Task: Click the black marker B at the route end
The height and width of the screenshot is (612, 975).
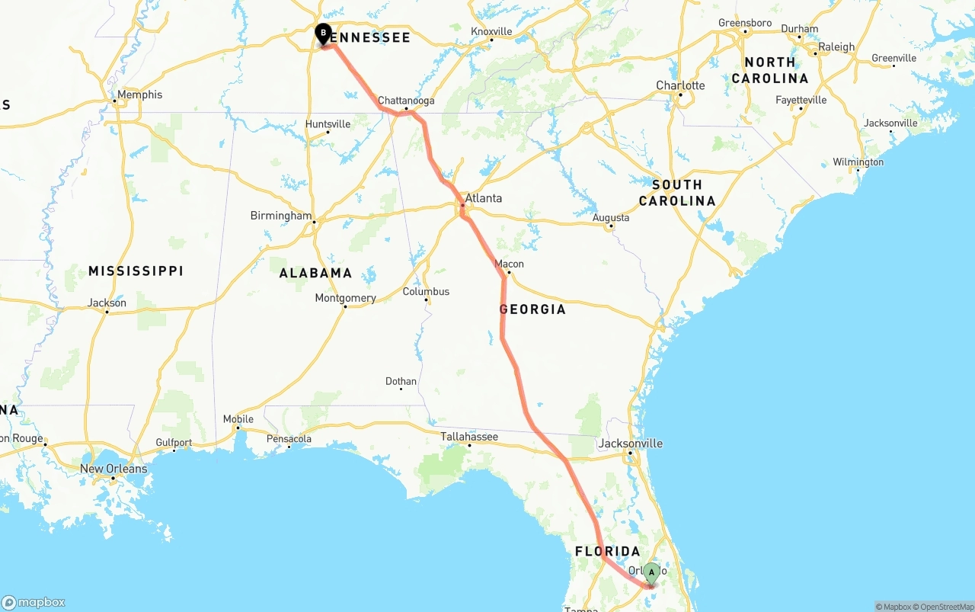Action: pos(324,34)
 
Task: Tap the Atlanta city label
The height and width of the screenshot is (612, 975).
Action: pos(484,198)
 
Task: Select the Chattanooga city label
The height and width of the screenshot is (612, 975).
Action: pos(406,101)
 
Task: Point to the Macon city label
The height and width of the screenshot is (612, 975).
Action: pos(510,264)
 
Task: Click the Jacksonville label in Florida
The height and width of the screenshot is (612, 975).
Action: pos(631,443)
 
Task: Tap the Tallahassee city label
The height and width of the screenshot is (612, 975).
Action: pos(469,437)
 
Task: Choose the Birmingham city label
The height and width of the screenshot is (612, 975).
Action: pos(281,216)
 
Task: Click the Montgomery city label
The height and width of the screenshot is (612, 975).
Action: pos(346,298)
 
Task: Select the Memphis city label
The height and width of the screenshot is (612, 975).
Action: pos(140,95)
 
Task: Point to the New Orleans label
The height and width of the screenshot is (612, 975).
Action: pos(113,469)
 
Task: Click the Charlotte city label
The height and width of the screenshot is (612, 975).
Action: pos(681,85)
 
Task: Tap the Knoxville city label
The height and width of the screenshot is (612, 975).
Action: pos(492,31)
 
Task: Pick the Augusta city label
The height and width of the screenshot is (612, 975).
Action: pos(611,218)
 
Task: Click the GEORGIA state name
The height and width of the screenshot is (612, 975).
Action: pos(532,309)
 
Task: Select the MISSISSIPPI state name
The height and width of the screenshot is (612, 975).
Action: pos(136,271)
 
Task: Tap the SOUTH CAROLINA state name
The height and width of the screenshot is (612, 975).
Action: pos(677,193)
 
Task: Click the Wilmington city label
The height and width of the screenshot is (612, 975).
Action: pos(858,162)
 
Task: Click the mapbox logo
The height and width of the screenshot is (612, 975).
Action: pos(34,602)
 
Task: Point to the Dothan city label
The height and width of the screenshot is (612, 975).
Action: pos(401,381)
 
